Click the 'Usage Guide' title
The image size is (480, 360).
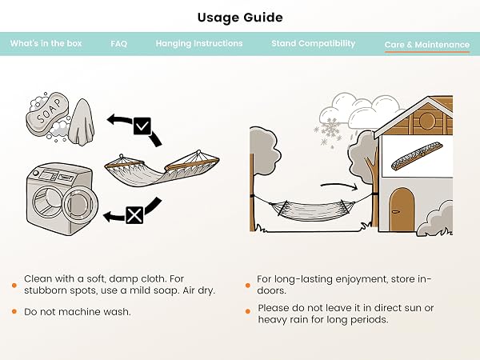coord(240,18)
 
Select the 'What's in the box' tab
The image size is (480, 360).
coord(46,43)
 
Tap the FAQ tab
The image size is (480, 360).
coord(118,43)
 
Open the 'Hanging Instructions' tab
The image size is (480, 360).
coord(199,43)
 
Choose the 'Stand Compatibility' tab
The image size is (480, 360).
coord(313,43)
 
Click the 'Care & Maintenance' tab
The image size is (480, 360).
coord(427,45)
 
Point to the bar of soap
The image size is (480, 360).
coord(47,114)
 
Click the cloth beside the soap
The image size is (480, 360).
coord(81,122)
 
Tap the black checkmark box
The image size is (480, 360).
coord(142,126)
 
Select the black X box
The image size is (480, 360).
coord(134,215)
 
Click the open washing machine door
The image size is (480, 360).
coord(80,203)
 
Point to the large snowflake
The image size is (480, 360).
coord(330,129)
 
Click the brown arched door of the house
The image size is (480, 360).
coord(402,210)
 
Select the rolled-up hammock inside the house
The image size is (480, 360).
coord(417,157)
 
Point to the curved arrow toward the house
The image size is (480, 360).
coord(339,186)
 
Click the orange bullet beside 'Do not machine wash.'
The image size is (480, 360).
coord(14,312)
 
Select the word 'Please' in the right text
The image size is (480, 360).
coord(273,308)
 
